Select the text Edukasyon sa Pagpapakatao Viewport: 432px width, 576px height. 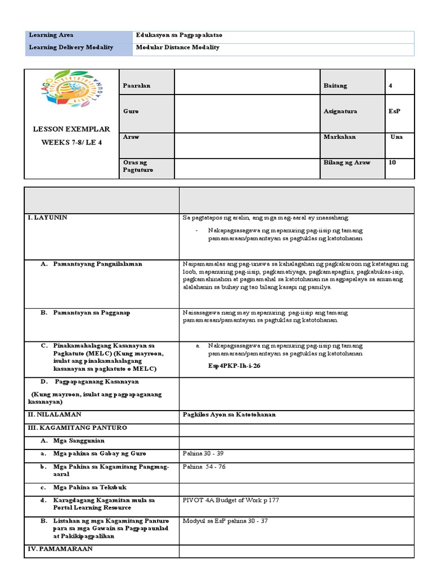pyautogui.click(x=179, y=35)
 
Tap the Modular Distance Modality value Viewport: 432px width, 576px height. pyautogui.click(x=178, y=48)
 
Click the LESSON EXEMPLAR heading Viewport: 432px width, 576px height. pyautogui.click(x=71, y=129)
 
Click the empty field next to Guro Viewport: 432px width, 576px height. pyautogui.click(x=247, y=111)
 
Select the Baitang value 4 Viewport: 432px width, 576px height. pyautogui.click(x=390, y=85)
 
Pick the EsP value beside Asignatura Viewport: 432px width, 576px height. pyautogui.click(x=394, y=111)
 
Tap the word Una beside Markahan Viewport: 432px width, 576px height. pyautogui.click(x=396, y=137)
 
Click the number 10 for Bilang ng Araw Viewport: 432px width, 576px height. pyautogui.click(x=392, y=163)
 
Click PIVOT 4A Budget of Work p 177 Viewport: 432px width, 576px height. pyautogui.click(x=231, y=499)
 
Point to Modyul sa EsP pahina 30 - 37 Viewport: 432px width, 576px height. pyautogui.click(x=225, y=521)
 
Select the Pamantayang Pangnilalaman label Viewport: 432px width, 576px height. pyautogui.click(x=97, y=264)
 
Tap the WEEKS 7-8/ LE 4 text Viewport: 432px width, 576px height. pyautogui.click(x=71, y=142)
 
